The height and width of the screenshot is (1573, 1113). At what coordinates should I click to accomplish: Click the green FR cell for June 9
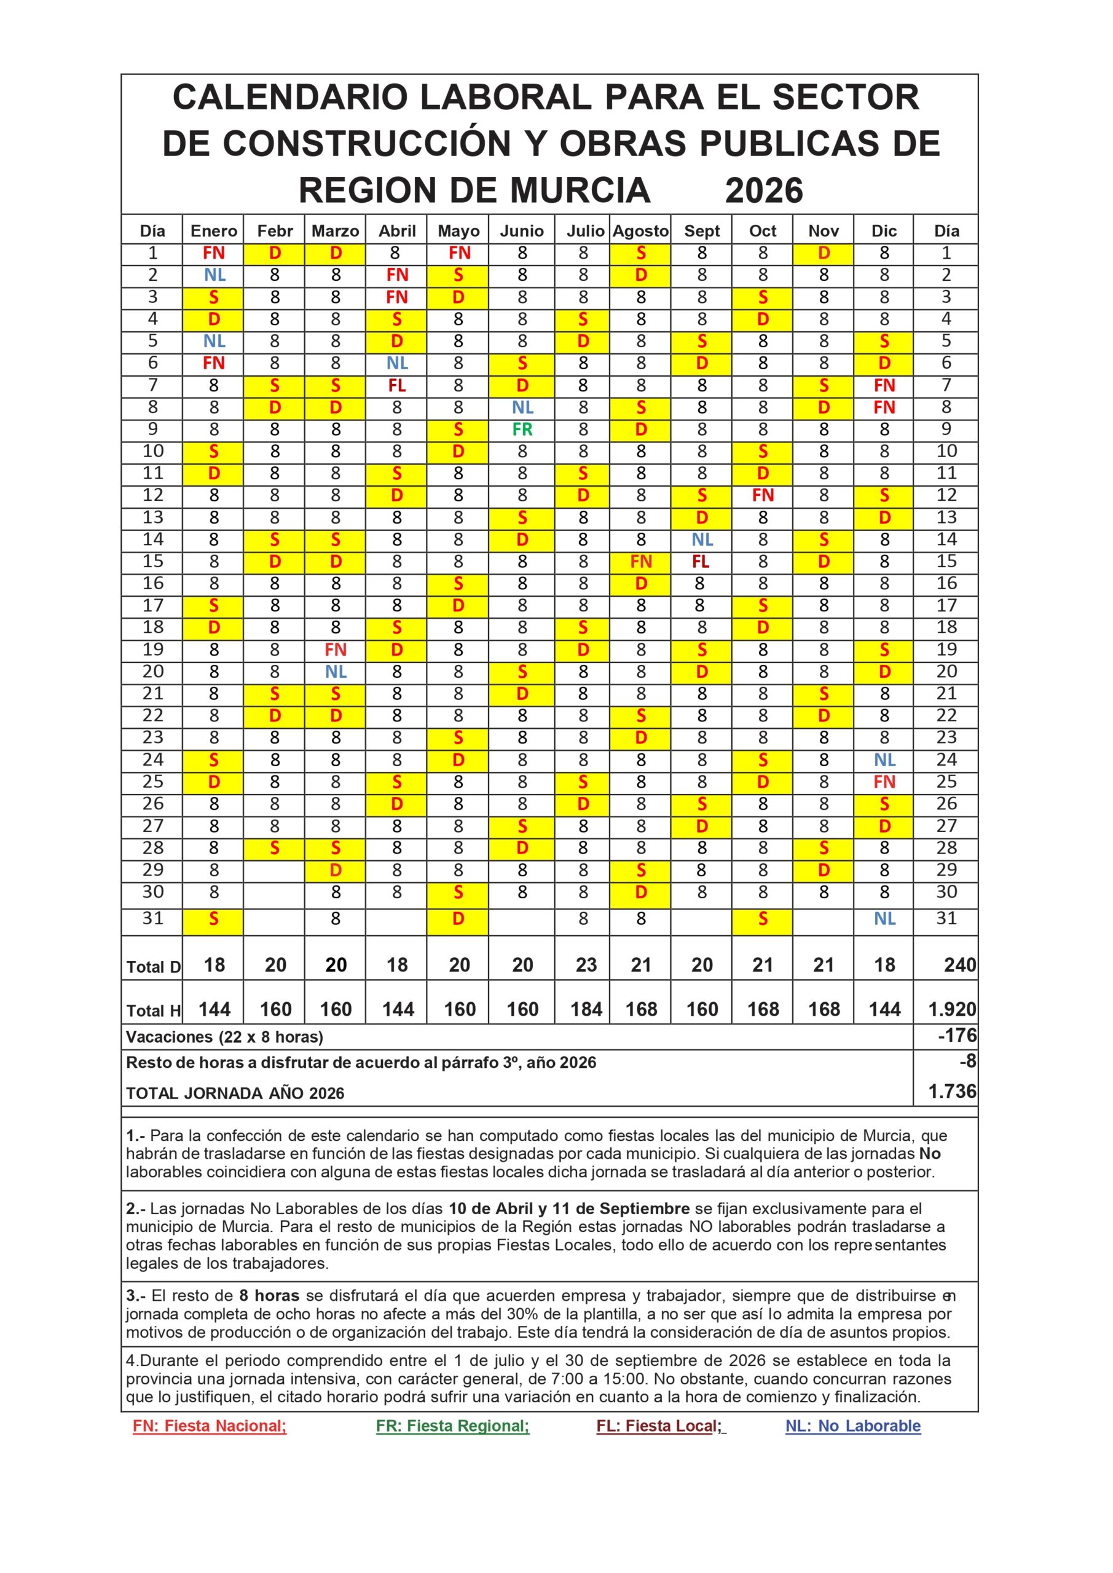pyautogui.click(x=522, y=430)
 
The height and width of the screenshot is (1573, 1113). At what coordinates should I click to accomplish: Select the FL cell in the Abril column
pyautogui.click(x=397, y=386)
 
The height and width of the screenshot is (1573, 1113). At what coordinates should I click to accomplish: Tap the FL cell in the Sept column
pyautogui.click(x=701, y=562)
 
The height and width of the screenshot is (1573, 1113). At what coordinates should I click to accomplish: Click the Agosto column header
pyautogui.click(x=640, y=231)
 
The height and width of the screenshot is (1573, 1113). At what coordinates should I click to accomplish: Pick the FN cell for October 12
pyautogui.click(x=762, y=495)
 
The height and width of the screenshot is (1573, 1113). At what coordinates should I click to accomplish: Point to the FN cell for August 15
pyautogui.click(x=640, y=562)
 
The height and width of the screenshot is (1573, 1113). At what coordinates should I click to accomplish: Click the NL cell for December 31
pyautogui.click(x=884, y=919)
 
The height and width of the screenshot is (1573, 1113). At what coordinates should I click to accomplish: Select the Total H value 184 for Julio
pyautogui.click(x=586, y=1009)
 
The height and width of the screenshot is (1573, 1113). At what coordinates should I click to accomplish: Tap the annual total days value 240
pyautogui.click(x=959, y=965)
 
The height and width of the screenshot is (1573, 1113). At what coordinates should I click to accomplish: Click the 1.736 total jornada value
pyautogui.click(x=952, y=1091)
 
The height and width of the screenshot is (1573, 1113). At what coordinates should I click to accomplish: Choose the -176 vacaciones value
pyautogui.click(x=957, y=1036)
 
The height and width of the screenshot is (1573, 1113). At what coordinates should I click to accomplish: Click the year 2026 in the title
pyautogui.click(x=763, y=190)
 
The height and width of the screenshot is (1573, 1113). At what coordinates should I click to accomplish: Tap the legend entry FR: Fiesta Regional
pyautogui.click(x=452, y=1426)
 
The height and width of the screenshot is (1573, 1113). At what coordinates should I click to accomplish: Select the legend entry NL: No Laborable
pyautogui.click(x=852, y=1426)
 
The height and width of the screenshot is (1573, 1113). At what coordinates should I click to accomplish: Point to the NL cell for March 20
pyautogui.click(x=336, y=672)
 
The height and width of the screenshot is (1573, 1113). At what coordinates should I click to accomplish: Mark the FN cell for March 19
pyautogui.click(x=336, y=649)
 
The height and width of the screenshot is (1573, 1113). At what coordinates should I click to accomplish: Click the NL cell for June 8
pyautogui.click(x=522, y=407)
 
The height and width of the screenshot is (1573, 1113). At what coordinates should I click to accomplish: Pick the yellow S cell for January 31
pyautogui.click(x=213, y=919)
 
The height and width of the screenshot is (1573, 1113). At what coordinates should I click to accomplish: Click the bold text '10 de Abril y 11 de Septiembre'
pyautogui.click(x=569, y=1209)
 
